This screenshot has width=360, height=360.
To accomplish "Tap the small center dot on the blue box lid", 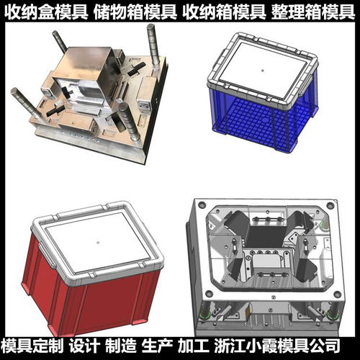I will pyautogui.click(x=264, y=71).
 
